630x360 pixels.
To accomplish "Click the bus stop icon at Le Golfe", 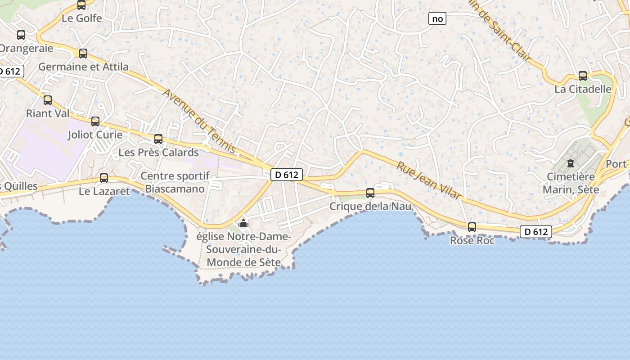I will pyautogui.click(x=81, y=5).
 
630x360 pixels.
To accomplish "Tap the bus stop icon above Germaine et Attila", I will pyautogui.click(x=83, y=54).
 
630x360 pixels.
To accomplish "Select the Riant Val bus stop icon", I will pyautogui.click(x=48, y=100).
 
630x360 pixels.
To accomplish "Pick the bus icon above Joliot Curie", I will pyautogui.click(x=95, y=121).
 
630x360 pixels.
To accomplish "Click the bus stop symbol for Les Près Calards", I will pyautogui.click(x=158, y=139).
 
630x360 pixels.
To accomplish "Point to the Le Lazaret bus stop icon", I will pyautogui.click(x=104, y=178).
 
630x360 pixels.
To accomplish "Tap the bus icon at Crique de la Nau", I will pyautogui.click(x=370, y=193).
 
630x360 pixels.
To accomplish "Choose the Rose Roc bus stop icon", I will pyautogui.click(x=472, y=227).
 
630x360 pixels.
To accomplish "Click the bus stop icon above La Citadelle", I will pyautogui.click(x=583, y=76).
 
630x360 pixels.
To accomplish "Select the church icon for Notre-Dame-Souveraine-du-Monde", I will pyautogui.click(x=243, y=223).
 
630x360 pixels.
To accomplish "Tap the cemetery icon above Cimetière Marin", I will pyautogui.click(x=571, y=163).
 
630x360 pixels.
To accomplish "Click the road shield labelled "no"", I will pyautogui.click(x=437, y=18).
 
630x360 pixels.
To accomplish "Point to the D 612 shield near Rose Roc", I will pyautogui.click(x=535, y=232).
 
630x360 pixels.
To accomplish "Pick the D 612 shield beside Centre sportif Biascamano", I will pyautogui.click(x=286, y=175).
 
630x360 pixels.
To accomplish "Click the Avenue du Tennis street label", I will pyautogui.click(x=199, y=121).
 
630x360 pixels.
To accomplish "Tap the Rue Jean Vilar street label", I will pyautogui.click(x=429, y=180).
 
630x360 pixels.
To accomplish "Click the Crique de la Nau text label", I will pyautogui.click(x=370, y=207).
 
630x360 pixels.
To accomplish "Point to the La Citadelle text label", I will pyautogui.click(x=583, y=89).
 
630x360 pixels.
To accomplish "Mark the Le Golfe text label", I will pyautogui.click(x=82, y=18).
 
